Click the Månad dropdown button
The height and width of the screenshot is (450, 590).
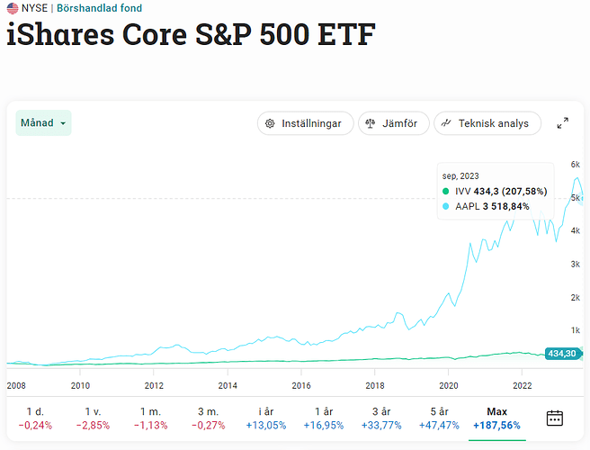click(x=43, y=122)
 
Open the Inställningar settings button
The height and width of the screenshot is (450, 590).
click(x=305, y=123)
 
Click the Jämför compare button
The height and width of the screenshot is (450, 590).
click(x=393, y=123)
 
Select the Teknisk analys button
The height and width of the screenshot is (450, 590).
click(x=487, y=123)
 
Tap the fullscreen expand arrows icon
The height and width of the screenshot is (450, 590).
click(x=563, y=123)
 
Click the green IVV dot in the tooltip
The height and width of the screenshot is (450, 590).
click(x=446, y=191)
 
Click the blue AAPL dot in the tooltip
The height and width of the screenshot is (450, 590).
click(x=446, y=206)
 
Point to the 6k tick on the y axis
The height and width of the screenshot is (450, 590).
click(x=576, y=165)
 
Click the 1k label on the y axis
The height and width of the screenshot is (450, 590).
click(x=576, y=330)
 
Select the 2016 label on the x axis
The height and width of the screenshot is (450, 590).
click(x=301, y=385)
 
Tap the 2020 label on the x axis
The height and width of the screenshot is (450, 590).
click(x=449, y=385)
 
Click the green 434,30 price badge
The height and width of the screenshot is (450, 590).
click(x=563, y=354)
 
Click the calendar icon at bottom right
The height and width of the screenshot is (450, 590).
click(x=555, y=418)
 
